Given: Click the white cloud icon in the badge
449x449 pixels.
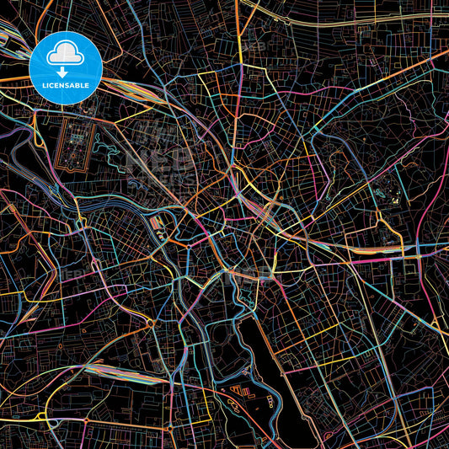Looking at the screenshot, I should coord(66,54).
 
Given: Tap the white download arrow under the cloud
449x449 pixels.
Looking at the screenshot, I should coord(66,70).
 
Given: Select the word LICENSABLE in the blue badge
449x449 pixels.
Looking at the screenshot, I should coord(66,85).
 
